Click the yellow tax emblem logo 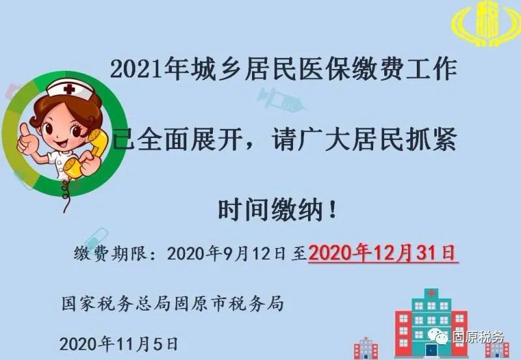[x=486, y=24]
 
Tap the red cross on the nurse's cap [x=70, y=89]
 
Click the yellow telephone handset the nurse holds [x=88, y=154]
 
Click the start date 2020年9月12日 [x=226, y=254]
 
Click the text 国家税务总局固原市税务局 [x=173, y=304]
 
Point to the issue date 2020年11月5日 [x=119, y=344]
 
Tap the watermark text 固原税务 [x=478, y=337]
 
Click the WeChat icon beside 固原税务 [x=438, y=337]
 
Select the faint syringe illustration [x=281, y=99]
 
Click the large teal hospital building [x=431, y=322]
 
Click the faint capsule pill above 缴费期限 [x=96, y=238]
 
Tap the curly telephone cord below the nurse [x=66, y=195]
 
